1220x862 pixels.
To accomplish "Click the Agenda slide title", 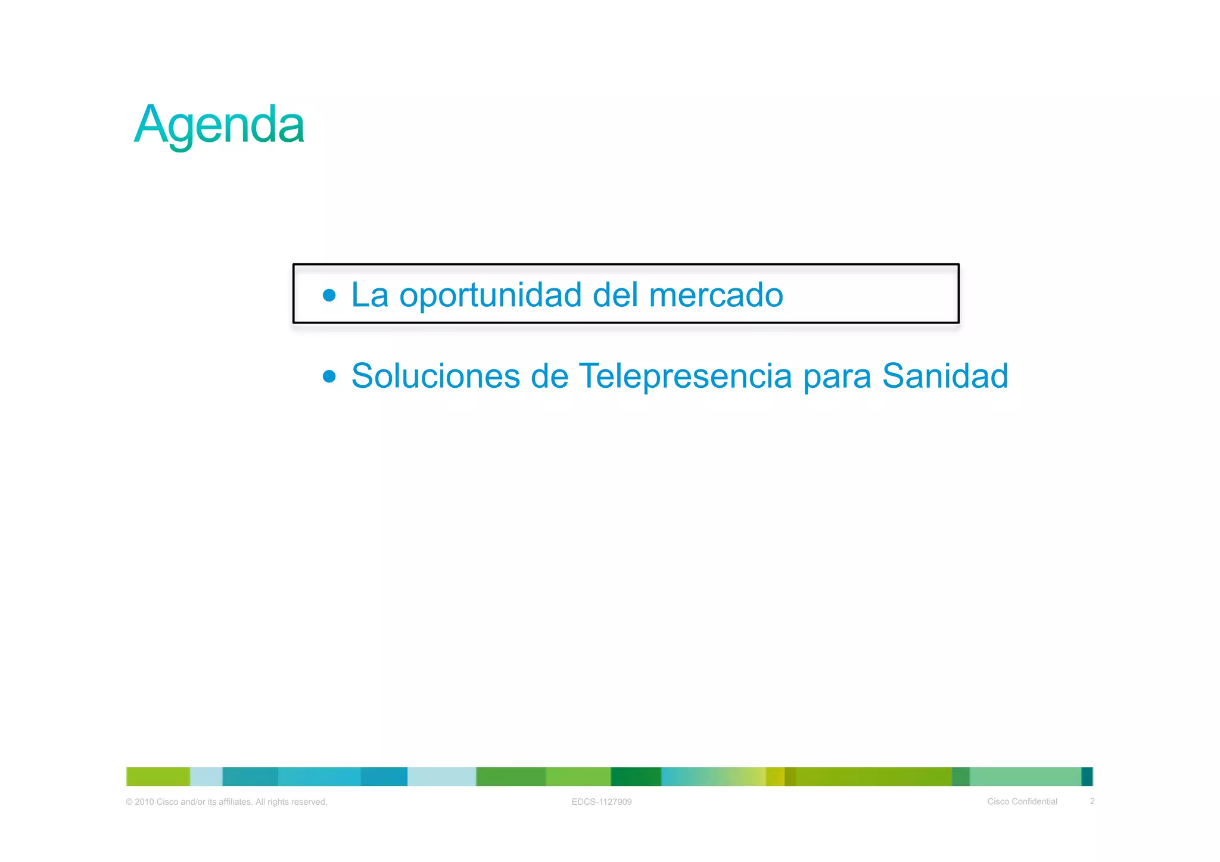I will click(219, 125).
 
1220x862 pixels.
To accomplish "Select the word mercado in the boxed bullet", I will click(715, 295).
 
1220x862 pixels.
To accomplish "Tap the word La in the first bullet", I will click(369, 295).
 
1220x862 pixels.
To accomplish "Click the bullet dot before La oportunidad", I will click(329, 295).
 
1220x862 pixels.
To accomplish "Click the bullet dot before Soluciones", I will click(329, 376).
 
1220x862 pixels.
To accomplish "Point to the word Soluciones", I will click(435, 376).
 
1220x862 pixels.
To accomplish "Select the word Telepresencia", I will click(685, 376).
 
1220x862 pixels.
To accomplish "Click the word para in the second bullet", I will click(837, 377).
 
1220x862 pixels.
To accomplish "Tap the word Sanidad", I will click(945, 376).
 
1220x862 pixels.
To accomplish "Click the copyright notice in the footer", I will click(226, 802).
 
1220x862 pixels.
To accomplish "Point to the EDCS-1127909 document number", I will click(602, 802).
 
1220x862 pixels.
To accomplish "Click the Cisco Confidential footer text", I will click(1022, 802).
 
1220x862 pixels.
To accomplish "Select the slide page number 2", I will click(1092, 801).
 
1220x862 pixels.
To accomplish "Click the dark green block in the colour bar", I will click(636, 777).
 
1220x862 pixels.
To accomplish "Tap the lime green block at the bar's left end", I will click(158, 777).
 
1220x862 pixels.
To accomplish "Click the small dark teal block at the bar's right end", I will click(1087, 777).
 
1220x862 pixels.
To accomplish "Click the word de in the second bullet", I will click(549, 376).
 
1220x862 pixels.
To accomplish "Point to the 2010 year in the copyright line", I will click(144, 802).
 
